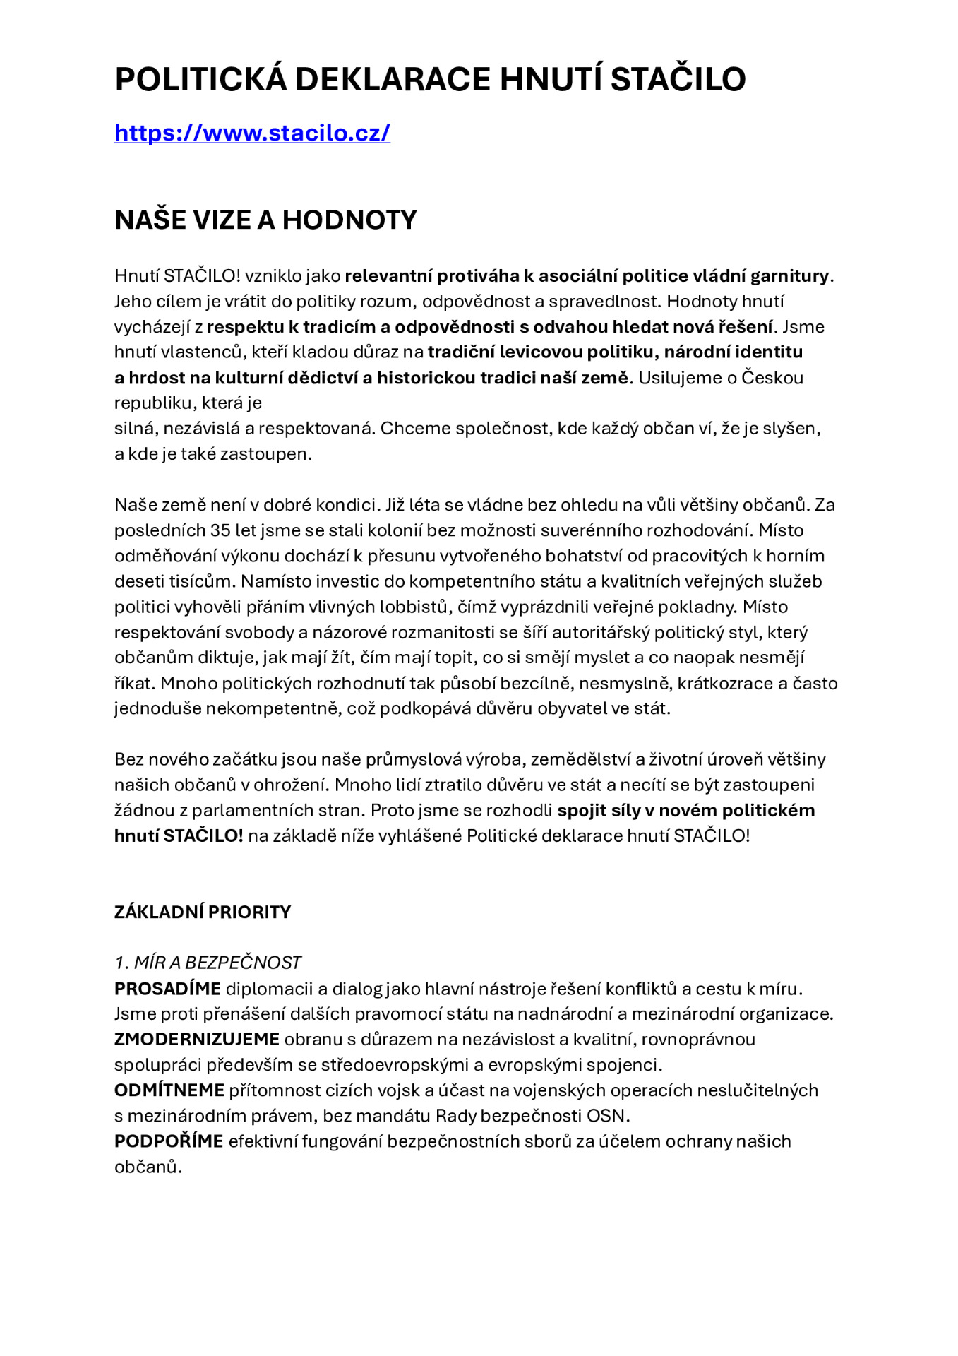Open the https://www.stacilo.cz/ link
[x=252, y=133]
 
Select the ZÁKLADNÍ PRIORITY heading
[x=203, y=912]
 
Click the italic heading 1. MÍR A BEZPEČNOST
[x=208, y=963]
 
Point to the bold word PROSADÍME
[x=167, y=988]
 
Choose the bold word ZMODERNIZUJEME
[x=197, y=1039]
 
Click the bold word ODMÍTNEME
[x=169, y=1090]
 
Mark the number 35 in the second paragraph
[x=220, y=530]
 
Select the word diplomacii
[x=269, y=988]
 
